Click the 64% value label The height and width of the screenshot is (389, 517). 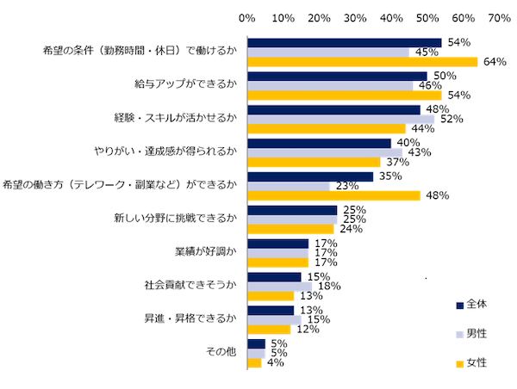point(494,62)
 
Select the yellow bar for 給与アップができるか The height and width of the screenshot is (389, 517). point(345,95)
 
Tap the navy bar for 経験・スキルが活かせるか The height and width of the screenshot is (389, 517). point(333,109)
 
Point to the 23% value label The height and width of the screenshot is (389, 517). point(346,186)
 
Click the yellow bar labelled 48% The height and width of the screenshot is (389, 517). point(333,195)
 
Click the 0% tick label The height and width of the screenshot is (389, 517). point(247,17)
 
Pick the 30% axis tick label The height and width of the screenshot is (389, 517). point(355,17)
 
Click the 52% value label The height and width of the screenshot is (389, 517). point(451,119)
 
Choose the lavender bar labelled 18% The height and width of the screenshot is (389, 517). point(280,287)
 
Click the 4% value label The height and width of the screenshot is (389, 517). point(277,363)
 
